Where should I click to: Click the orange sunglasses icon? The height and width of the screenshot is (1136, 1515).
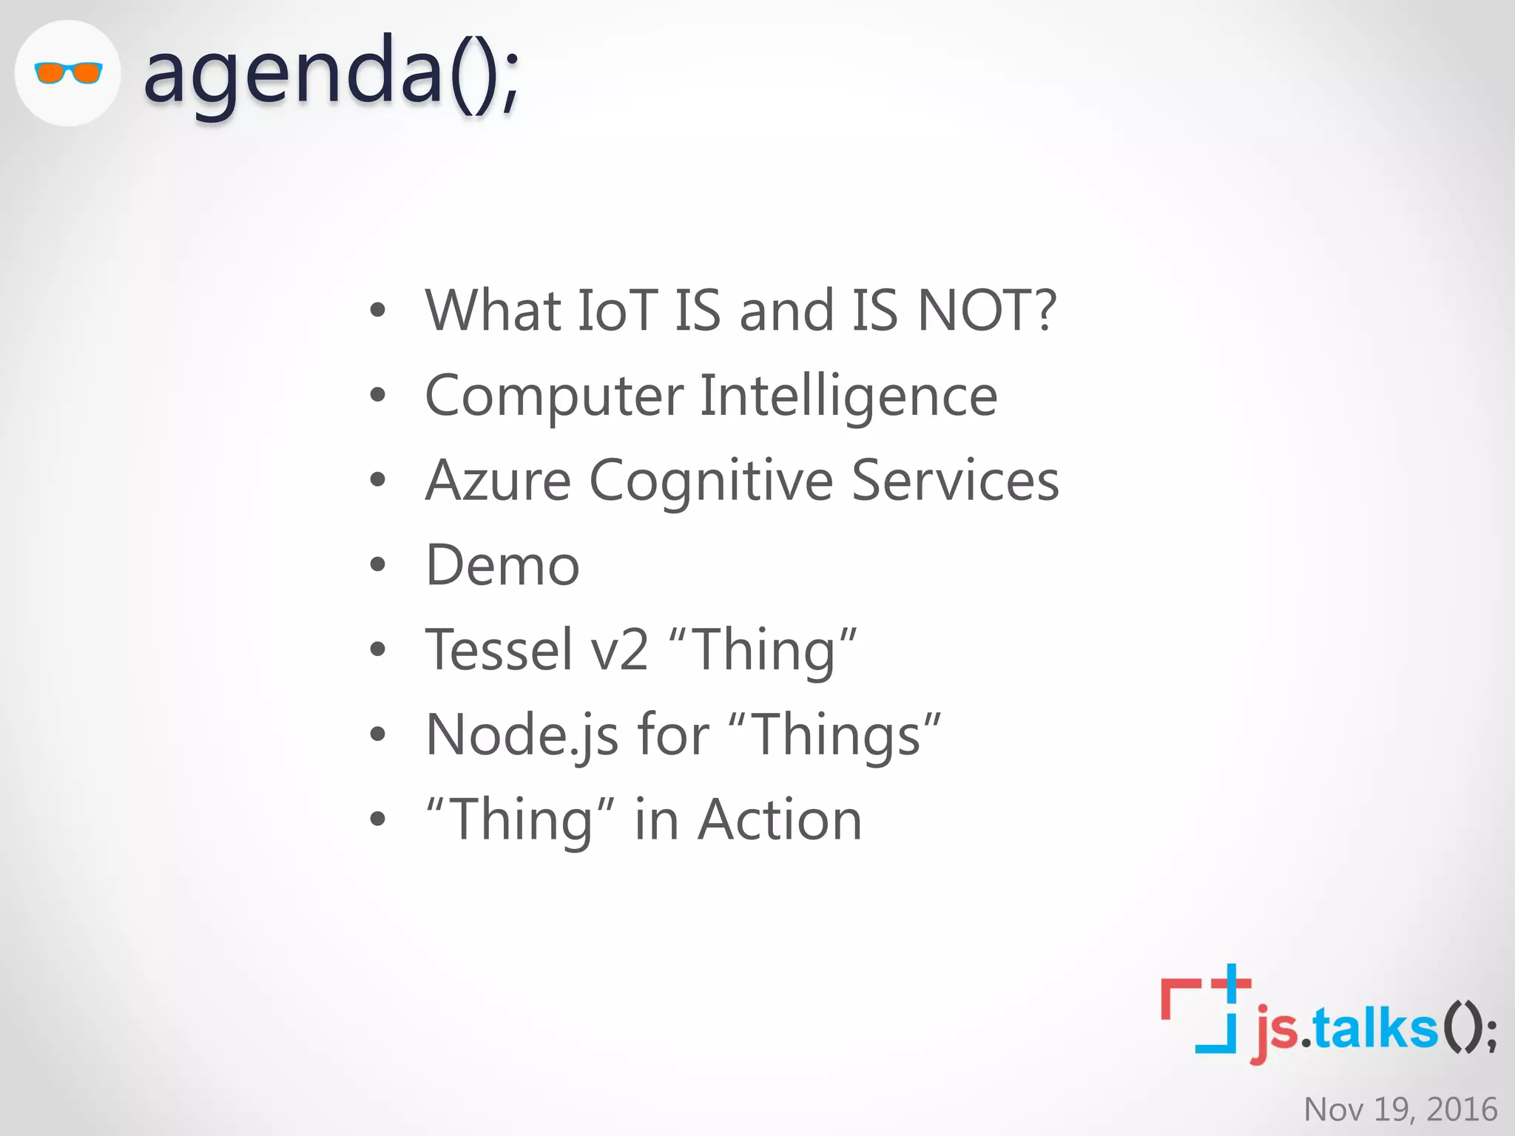click(68, 73)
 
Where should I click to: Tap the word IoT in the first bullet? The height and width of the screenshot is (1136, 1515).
click(617, 310)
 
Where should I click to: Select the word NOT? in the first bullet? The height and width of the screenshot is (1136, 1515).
click(987, 310)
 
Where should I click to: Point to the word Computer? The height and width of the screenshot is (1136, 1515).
click(554, 396)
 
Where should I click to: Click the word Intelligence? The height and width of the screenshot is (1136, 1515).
click(848, 396)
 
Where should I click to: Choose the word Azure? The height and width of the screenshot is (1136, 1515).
click(498, 481)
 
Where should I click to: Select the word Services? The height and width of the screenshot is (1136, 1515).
click(955, 481)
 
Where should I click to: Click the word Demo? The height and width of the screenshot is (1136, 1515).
click(502, 566)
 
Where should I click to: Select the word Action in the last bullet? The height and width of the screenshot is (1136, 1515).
click(780, 820)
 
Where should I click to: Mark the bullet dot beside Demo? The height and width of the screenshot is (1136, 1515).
click(378, 566)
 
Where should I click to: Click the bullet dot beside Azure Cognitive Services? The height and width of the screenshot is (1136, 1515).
click(378, 481)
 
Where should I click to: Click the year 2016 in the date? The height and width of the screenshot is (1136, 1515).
click(1462, 1109)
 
